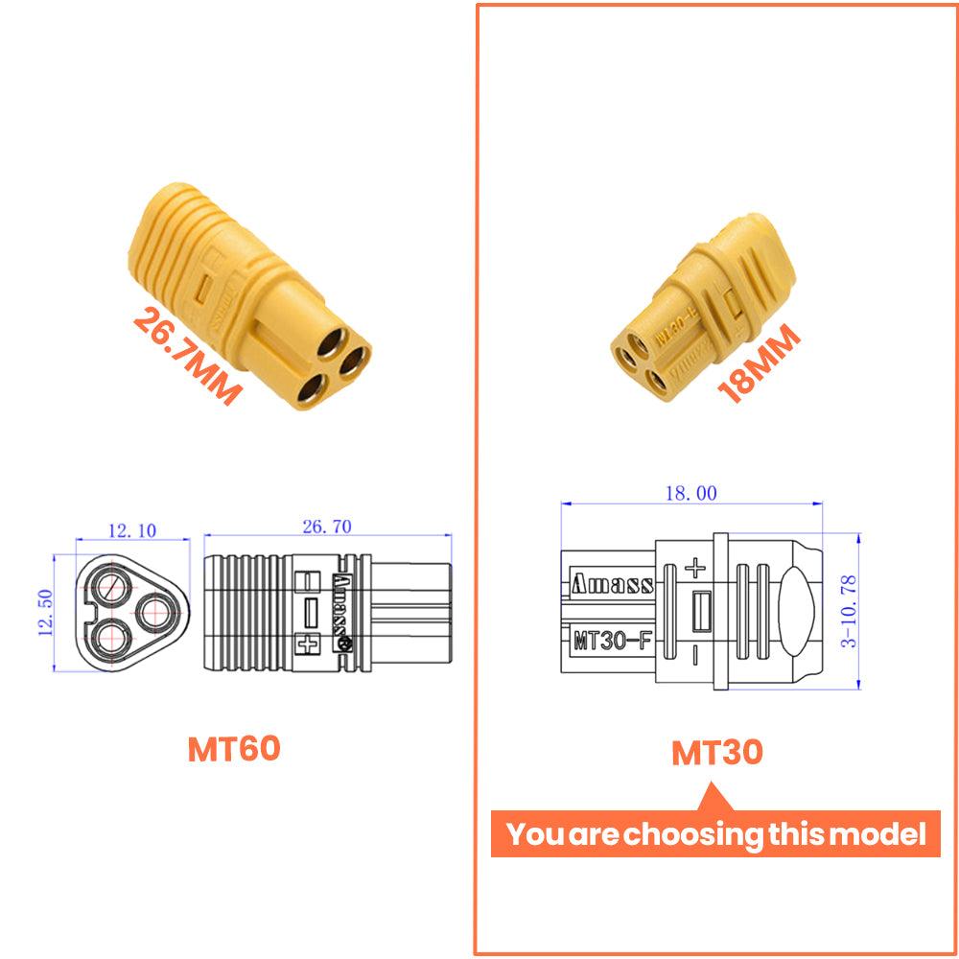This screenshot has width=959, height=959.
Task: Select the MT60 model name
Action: coord(234,748)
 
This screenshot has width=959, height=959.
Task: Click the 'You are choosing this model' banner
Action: coord(716,833)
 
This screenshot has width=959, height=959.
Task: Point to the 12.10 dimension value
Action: coord(132,530)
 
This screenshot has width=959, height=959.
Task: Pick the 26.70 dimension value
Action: coord(326,526)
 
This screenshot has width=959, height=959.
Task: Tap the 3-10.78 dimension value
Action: coord(850,610)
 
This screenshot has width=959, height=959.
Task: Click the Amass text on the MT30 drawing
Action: coord(612,583)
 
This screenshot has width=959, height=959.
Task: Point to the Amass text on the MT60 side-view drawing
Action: coord(339,608)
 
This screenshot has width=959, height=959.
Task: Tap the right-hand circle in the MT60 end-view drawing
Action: coord(152,608)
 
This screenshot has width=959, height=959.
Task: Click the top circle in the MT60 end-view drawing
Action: coord(112,584)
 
